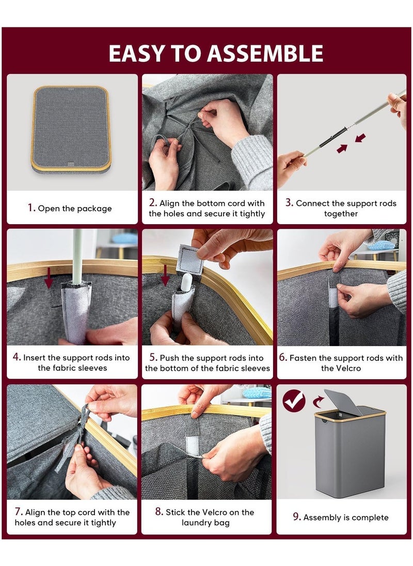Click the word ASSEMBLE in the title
265,53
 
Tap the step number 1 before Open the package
31,208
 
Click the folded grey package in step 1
71,129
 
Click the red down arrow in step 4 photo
49,278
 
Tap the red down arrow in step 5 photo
165,275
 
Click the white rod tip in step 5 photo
186,281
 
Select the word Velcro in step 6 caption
341,368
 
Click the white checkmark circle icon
294,401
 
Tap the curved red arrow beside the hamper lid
318,401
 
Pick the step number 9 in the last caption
296,517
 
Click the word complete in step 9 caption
370,517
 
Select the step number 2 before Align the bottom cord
153,202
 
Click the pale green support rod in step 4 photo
77,256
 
